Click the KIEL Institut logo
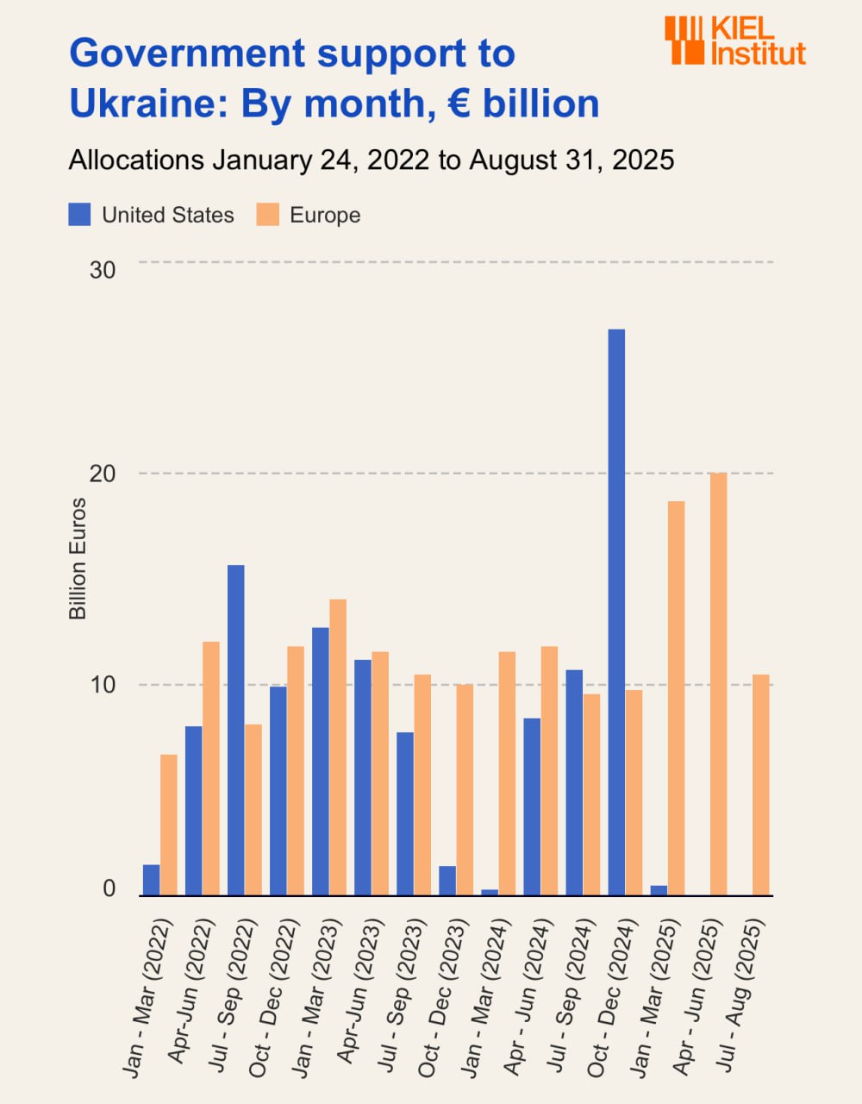coord(734,41)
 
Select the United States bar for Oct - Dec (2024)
coord(616,612)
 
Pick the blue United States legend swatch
coord(79,215)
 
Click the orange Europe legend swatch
coord(268,215)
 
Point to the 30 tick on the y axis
coord(103,270)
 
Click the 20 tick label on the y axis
coord(103,474)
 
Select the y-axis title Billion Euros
coord(78,559)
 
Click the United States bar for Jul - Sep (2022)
coord(236,731)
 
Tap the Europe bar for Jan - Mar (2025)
coord(676,699)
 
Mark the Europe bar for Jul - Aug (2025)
coord(760,785)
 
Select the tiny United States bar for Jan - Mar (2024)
coord(490,893)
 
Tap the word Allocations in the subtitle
coord(136,160)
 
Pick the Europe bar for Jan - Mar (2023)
coord(338,748)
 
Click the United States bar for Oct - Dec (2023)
coord(447,881)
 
